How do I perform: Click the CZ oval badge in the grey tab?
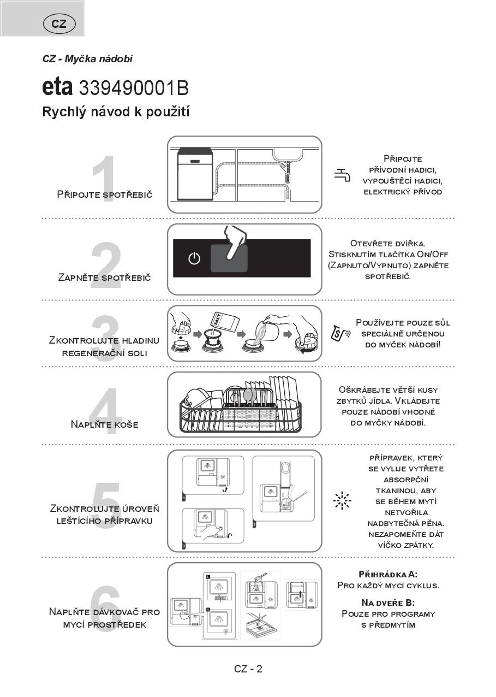(59, 23)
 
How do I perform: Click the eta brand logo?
(57, 87)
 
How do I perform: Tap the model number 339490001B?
(134, 88)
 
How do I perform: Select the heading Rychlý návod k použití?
(116, 112)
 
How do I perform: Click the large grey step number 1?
(104, 179)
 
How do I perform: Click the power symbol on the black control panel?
(194, 258)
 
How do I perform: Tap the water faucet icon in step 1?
(342, 175)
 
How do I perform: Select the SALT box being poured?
(225, 322)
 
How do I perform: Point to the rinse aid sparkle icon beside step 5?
(342, 501)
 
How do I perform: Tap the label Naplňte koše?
(105, 424)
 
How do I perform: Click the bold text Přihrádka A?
(388, 574)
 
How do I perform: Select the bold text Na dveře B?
(388, 603)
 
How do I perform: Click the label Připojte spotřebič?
(105, 194)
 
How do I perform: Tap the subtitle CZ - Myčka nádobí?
(88, 59)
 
